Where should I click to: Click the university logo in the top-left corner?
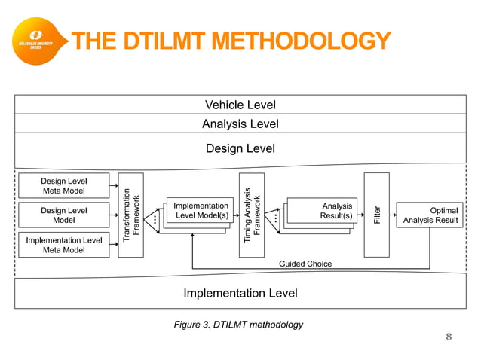pos(35,39)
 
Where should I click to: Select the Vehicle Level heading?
pos(240,105)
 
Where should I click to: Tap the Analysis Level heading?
pos(240,124)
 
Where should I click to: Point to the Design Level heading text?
pos(240,148)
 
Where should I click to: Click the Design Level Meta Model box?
pos(63,185)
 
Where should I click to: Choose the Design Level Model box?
pos(63,215)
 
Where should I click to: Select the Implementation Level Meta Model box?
pos(63,245)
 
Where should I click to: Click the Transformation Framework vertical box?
pos(130,215)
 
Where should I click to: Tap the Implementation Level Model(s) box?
pos(201,211)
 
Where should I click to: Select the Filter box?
pos(376,215)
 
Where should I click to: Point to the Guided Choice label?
pos(305,264)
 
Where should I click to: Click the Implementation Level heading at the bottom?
pos(240,293)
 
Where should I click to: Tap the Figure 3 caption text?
pos(238,325)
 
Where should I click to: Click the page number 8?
pos(449,337)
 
